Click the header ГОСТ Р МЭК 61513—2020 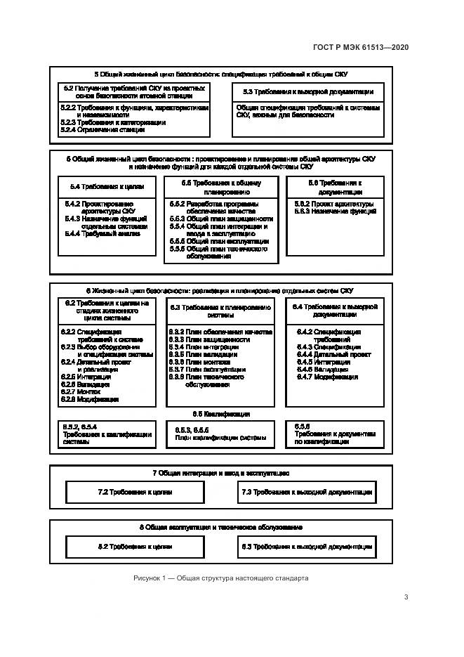pos(360,47)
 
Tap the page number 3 pos(406,597)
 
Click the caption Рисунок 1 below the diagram pos(220,578)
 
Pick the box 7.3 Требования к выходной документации pos(307,493)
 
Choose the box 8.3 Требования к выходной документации pos(307,546)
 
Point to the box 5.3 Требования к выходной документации pos(308,91)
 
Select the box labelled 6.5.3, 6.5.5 pos(220,433)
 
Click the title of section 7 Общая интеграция pos(220,474)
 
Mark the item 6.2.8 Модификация pos(89,400)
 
